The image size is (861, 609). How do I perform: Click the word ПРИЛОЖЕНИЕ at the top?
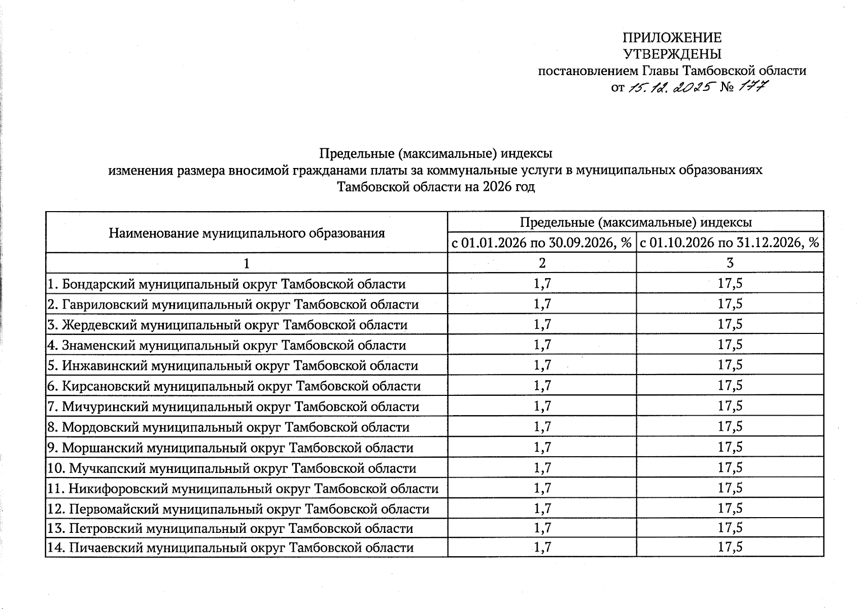672,38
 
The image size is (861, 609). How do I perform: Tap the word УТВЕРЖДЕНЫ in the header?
672,54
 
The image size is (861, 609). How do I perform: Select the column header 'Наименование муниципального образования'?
247,233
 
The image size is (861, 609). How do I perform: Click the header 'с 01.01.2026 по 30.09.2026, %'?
542,243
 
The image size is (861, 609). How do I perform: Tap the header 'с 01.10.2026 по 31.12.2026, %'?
730,243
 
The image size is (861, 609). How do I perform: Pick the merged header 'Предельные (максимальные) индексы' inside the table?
635,222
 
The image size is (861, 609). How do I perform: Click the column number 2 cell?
542,263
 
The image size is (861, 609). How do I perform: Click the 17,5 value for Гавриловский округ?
730,304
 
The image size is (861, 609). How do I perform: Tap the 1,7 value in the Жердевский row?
542,324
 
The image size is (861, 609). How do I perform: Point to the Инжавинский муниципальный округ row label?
233,366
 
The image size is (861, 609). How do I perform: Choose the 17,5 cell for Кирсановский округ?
730,386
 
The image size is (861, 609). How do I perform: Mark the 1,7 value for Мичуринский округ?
542,407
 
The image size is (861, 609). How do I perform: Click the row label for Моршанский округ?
230,448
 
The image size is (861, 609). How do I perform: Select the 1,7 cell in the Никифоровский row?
542,488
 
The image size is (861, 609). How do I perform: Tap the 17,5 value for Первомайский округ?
730,509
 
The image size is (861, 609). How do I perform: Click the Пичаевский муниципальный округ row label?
230,548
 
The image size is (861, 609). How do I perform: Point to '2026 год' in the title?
509,187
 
